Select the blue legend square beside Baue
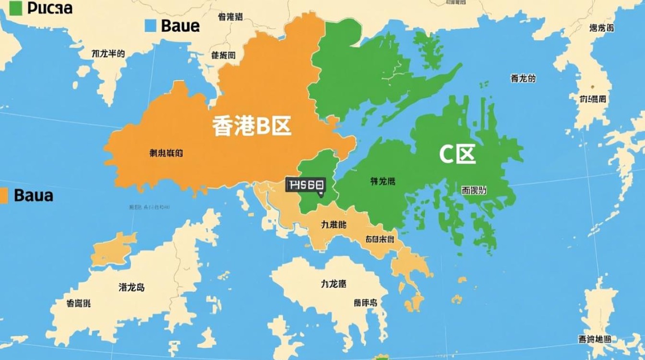pos(150,25)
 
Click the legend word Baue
pos(180,25)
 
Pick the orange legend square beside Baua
pos(4,195)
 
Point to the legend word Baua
pos(34,195)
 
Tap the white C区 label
pos(457,155)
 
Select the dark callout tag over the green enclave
pos(306,185)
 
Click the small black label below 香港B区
pos(166,154)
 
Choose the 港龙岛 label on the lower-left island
pos(131,288)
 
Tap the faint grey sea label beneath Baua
pos(149,207)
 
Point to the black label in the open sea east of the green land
pos(523,79)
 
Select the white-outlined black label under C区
pos(474,190)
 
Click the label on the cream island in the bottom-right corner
pos(595,339)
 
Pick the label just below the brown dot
pos(593,99)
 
